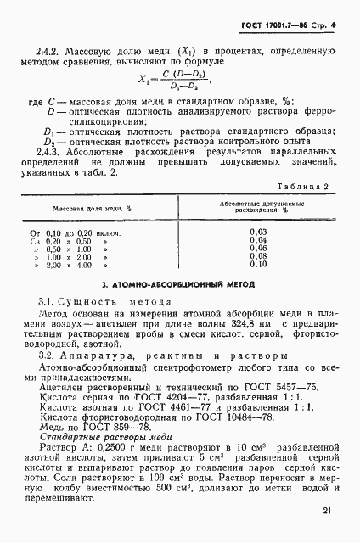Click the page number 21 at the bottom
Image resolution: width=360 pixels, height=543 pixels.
(327, 511)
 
